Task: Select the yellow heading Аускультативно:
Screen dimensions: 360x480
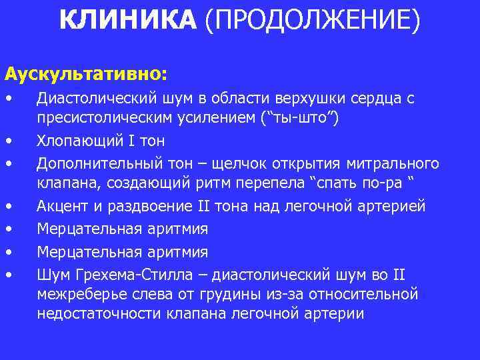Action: point(87,69)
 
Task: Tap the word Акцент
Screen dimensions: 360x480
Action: point(61,207)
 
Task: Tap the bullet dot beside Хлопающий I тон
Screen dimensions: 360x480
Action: point(9,141)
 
